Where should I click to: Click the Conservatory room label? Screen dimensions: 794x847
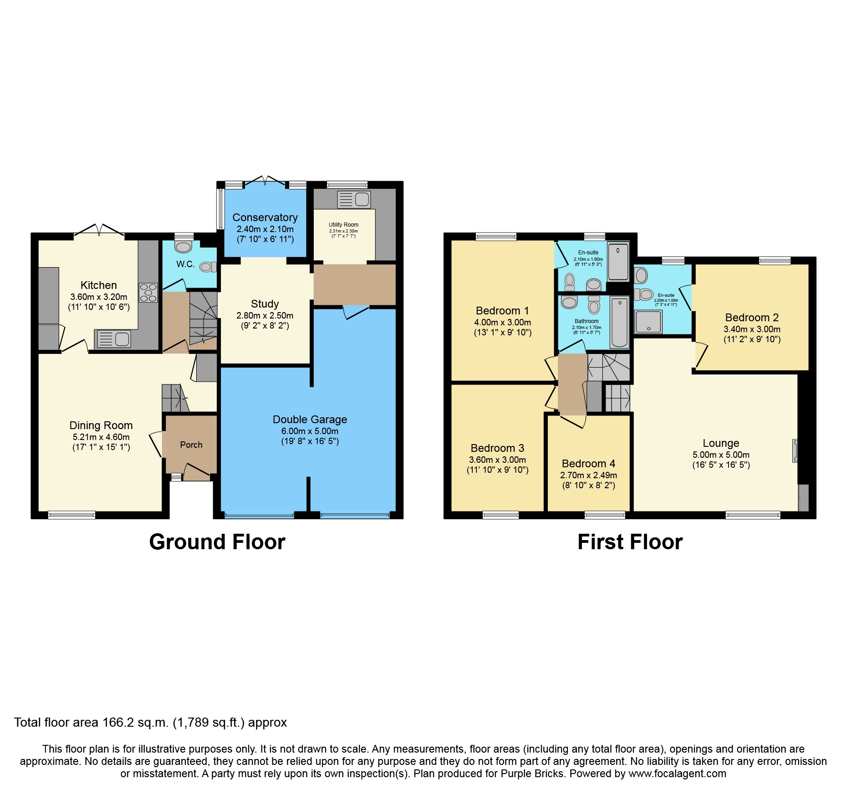[x=265, y=217]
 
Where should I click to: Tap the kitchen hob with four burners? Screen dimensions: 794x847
[x=148, y=293]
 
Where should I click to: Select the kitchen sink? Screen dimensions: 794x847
[x=114, y=339]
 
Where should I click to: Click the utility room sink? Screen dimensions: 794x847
[x=354, y=199]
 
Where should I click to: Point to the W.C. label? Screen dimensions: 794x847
[x=185, y=264]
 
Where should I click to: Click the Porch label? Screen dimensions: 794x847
[x=191, y=445]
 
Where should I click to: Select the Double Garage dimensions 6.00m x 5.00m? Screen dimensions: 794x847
[x=310, y=431]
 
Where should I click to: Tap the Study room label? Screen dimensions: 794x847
[x=265, y=304]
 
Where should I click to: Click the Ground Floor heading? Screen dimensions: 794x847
[x=217, y=542]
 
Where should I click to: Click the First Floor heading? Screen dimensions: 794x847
[x=630, y=542]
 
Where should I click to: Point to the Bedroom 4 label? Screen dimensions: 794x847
[x=588, y=464]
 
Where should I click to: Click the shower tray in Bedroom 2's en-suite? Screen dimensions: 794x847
[x=648, y=322]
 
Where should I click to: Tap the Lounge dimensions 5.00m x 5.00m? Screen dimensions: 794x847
[x=721, y=455]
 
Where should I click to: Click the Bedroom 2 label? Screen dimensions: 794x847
[x=752, y=318]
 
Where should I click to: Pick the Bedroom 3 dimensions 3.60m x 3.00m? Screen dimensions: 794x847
[x=497, y=460]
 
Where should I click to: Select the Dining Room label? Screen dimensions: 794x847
[x=101, y=425]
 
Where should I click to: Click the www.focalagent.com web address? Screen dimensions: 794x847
[x=677, y=774]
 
